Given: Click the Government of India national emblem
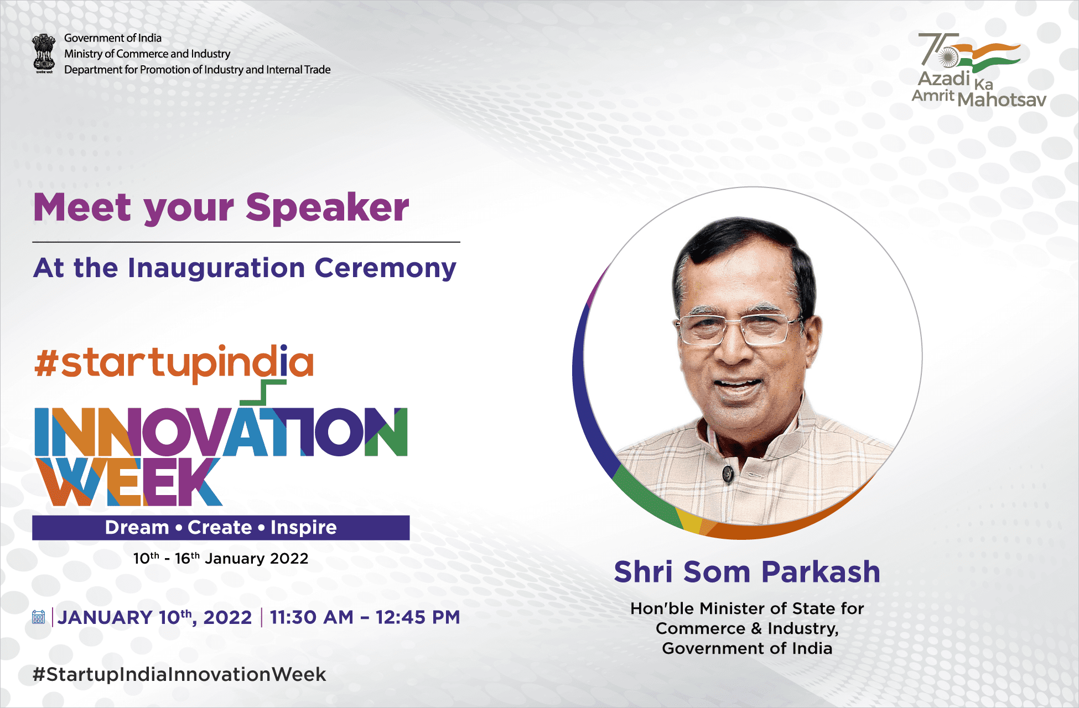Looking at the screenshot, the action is (x=44, y=54).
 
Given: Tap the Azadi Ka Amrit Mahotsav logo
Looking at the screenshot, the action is (x=979, y=70).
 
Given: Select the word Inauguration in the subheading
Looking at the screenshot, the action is (x=216, y=269).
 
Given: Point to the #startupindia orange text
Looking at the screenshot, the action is (x=174, y=363).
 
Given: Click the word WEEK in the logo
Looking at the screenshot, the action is (x=128, y=481).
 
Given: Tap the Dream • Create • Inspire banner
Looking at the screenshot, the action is (x=221, y=528).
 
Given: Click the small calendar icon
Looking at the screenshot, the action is (x=39, y=617).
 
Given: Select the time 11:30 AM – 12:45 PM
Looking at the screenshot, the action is (x=365, y=617).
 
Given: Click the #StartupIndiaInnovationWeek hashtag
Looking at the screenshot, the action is (x=179, y=674).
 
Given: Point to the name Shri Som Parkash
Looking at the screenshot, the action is (x=747, y=572).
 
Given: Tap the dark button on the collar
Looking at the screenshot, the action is (x=727, y=473).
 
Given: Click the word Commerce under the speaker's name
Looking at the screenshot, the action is (x=701, y=629).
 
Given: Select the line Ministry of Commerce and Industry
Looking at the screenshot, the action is (x=147, y=54).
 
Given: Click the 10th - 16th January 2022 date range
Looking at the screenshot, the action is (x=221, y=558).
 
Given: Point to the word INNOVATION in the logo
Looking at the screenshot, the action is (x=221, y=431).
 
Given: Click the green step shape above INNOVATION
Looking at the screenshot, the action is (x=263, y=393).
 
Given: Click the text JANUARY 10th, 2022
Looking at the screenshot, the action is (x=154, y=617).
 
